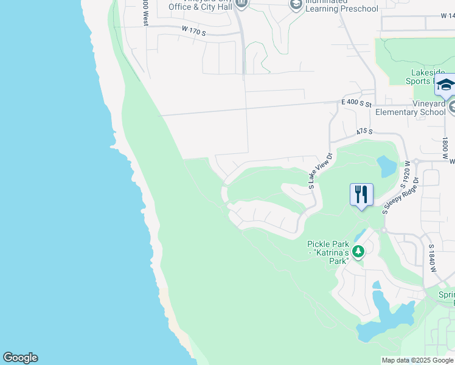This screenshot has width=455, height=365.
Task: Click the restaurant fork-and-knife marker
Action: [x=362, y=195]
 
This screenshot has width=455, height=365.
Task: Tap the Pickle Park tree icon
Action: [x=359, y=251]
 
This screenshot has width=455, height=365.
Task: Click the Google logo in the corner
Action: [x=20, y=358]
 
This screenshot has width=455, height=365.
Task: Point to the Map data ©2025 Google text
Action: [x=417, y=360]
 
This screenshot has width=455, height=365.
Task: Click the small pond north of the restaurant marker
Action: [x=386, y=164]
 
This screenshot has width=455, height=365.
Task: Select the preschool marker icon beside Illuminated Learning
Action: [x=296, y=5]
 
